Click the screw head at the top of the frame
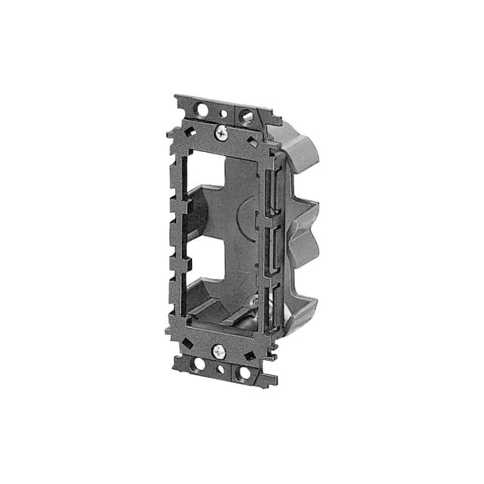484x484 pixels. (x=222, y=132)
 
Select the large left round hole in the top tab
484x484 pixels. (x=203, y=109)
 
